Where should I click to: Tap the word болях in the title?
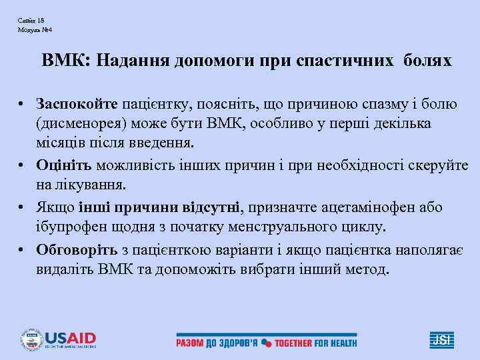[x=427, y=61]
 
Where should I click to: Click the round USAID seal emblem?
[x=31, y=339]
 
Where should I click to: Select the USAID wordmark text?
[x=71, y=337]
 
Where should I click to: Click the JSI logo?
[x=442, y=339]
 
